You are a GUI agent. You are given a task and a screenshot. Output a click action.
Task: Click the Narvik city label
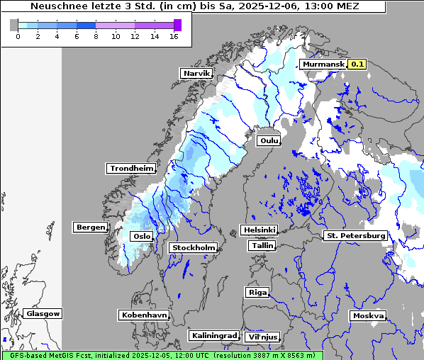point(196,73)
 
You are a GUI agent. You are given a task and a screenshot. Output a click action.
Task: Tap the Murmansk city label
point(323,64)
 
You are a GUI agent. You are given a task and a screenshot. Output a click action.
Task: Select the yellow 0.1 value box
point(357,64)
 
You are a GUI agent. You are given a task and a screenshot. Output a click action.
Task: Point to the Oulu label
point(268,140)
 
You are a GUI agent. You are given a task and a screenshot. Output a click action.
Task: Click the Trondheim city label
point(131,168)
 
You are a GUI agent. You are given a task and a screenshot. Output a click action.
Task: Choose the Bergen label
point(89,227)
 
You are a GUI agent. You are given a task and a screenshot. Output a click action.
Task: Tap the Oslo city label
point(142,236)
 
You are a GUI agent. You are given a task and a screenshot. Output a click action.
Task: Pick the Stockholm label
point(193,247)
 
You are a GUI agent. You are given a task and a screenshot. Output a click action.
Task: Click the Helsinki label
point(259,230)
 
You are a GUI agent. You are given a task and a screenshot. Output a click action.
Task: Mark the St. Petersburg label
point(355,235)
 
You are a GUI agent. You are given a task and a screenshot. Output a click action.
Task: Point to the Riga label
point(257,292)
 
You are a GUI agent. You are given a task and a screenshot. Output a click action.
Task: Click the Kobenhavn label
point(144,314)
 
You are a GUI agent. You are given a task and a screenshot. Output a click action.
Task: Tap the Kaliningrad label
point(213,335)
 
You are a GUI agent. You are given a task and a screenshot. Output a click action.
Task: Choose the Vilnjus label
point(262,337)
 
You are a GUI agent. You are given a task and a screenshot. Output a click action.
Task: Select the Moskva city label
point(368,315)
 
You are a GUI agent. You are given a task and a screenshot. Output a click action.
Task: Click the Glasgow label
point(43,313)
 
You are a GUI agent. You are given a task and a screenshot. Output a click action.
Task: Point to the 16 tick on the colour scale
point(174,36)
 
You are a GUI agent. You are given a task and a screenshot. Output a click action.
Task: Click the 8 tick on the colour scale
point(96,36)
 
